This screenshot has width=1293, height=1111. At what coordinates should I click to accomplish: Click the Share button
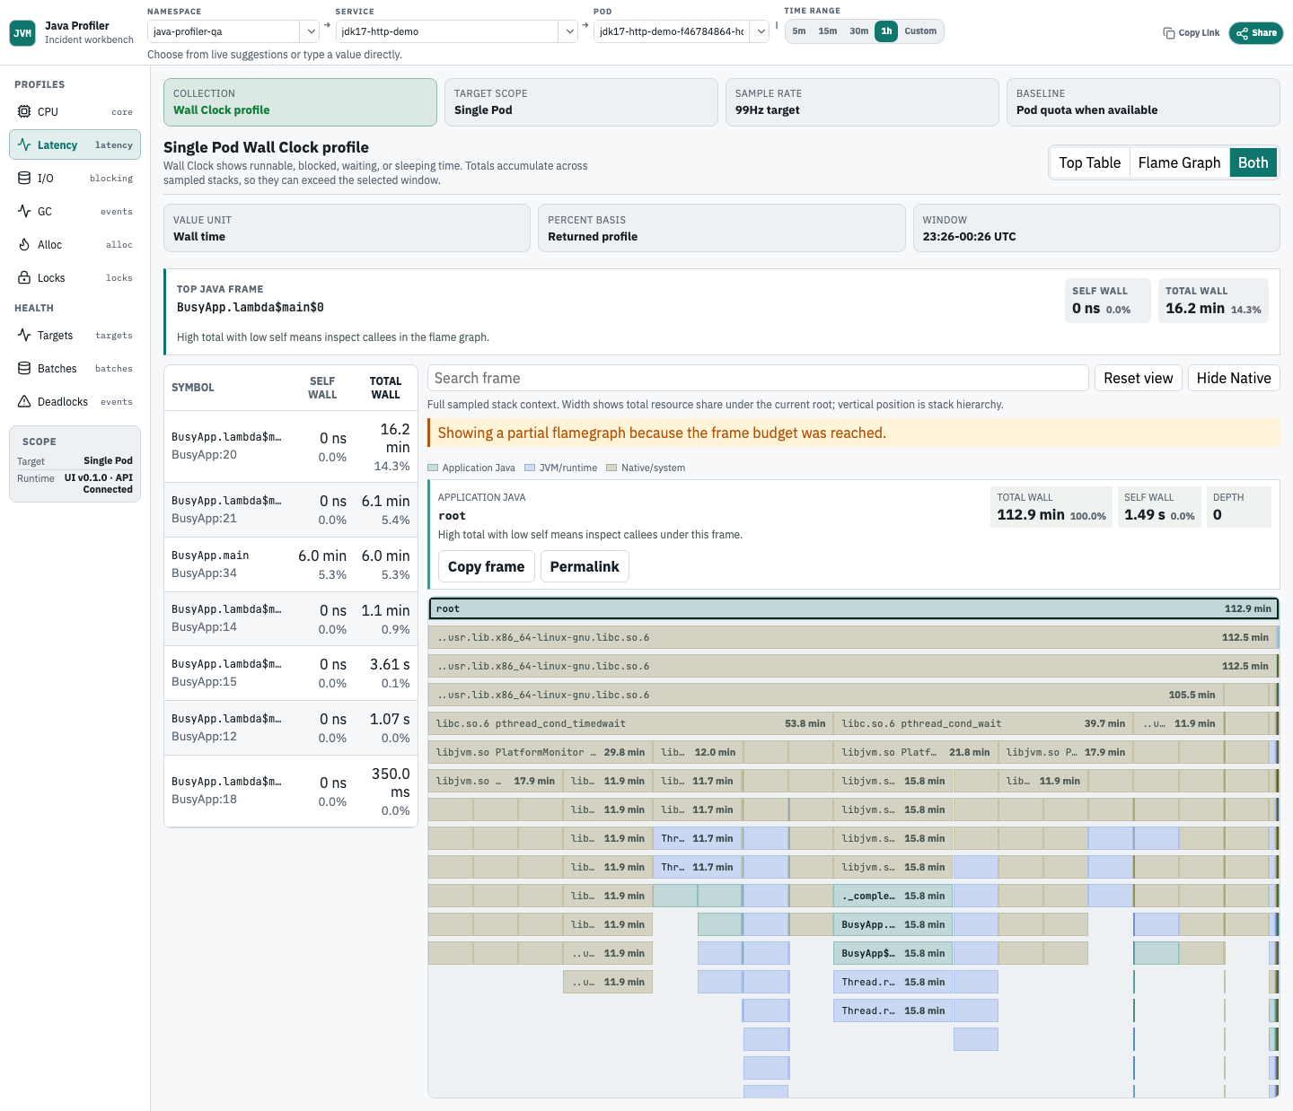(x=1255, y=32)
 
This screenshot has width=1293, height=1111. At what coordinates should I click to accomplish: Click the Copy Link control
(x=1191, y=32)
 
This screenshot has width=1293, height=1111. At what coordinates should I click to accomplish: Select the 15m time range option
(x=827, y=31)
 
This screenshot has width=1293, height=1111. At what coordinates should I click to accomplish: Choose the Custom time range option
(x=920, y=31)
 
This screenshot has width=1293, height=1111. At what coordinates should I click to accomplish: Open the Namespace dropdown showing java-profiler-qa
(x=233, y=31)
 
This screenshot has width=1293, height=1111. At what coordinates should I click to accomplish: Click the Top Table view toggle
(x=1090, y=162)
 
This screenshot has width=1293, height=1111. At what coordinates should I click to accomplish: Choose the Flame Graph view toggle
(x=1179, y=162)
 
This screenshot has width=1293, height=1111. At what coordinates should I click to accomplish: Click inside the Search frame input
(x=758, y=378)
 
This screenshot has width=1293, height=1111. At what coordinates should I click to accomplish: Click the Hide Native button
(x=1234, y=378)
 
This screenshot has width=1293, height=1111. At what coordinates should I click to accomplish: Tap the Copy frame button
(x=486, y=566)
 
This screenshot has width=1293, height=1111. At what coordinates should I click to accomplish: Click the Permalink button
(x=585, y=566)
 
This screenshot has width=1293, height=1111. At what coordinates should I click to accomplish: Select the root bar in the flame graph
(x=853, y=608)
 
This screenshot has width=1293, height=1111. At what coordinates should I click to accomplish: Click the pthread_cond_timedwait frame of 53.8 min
(x=630, y=723)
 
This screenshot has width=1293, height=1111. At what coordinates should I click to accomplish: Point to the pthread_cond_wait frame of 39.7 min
(x=982, y=723)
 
